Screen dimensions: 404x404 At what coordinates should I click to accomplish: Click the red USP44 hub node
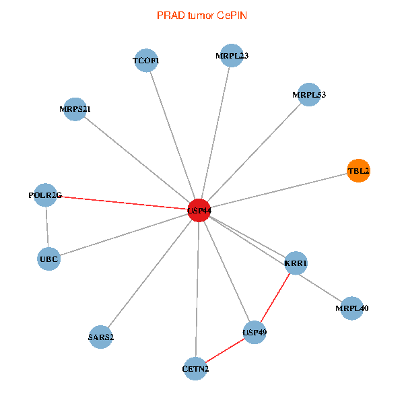point(199,210)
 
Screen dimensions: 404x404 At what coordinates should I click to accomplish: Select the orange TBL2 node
point(358,171)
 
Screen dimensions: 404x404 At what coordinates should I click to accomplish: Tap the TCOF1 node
point(146,61)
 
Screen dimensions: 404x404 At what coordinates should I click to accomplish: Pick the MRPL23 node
point(232,56)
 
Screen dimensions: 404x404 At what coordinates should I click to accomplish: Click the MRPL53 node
point(309,95)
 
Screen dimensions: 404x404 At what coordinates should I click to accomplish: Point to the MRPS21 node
point(75,109)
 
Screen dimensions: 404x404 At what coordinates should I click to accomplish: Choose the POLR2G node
point(45,195)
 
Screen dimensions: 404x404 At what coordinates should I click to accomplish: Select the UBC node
point(48,259)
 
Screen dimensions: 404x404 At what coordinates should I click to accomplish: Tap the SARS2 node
point(100,337)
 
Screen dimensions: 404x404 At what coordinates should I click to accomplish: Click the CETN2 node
point(195,368)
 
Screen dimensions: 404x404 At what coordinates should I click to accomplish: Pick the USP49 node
point(254,332)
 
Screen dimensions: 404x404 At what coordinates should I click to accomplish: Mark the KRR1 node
point(296,263)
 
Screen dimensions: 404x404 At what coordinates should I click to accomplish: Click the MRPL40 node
point(351,308)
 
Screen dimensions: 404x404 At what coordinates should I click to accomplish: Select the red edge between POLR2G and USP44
point(121,203)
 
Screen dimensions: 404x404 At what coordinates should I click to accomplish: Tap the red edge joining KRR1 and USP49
point(275,297)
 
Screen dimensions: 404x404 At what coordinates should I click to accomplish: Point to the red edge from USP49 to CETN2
point(225,350)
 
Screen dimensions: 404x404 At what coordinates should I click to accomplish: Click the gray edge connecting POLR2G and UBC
point(46,227)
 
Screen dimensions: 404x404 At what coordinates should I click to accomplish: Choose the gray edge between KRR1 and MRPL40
point(324,285)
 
